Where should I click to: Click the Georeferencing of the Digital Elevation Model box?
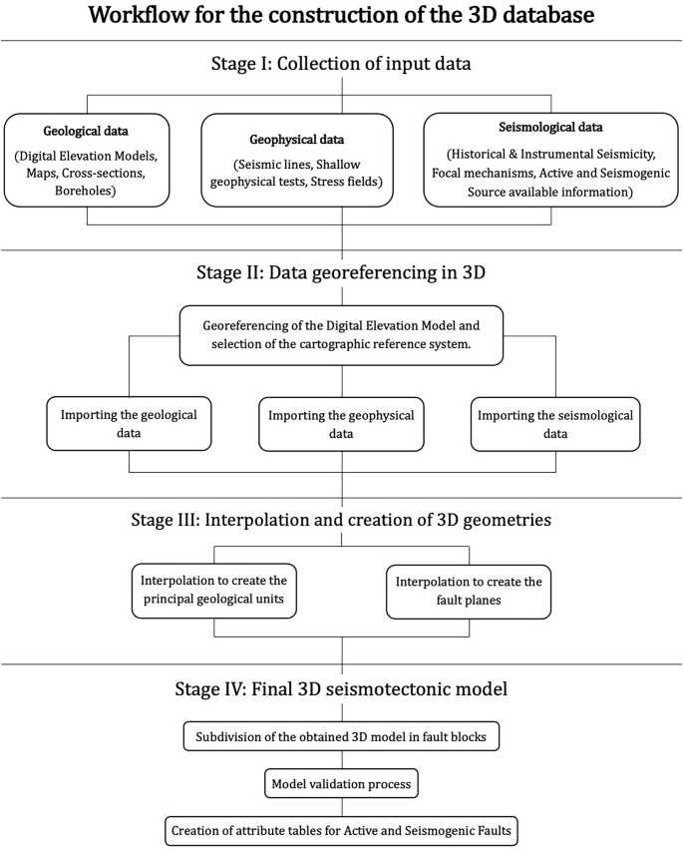tap(342, 335)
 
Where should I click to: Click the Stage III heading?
tap(342, 521)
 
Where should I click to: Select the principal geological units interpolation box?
tap(215, 589)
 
